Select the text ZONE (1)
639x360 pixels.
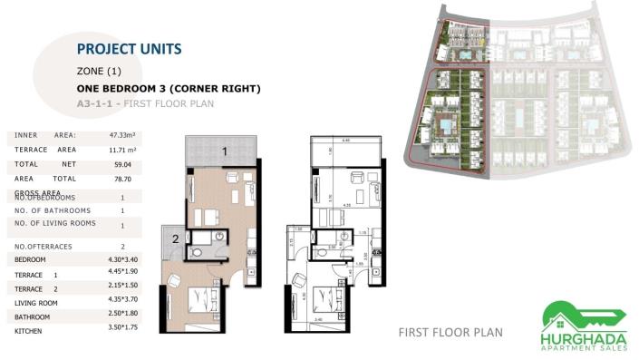(99, 71)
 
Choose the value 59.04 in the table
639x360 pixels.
(122, 165)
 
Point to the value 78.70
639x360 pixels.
(122, 180)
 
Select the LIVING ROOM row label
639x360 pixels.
(36, 303)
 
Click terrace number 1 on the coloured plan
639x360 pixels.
(223, 151)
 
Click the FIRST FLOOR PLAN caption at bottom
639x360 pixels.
(450, 333)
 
